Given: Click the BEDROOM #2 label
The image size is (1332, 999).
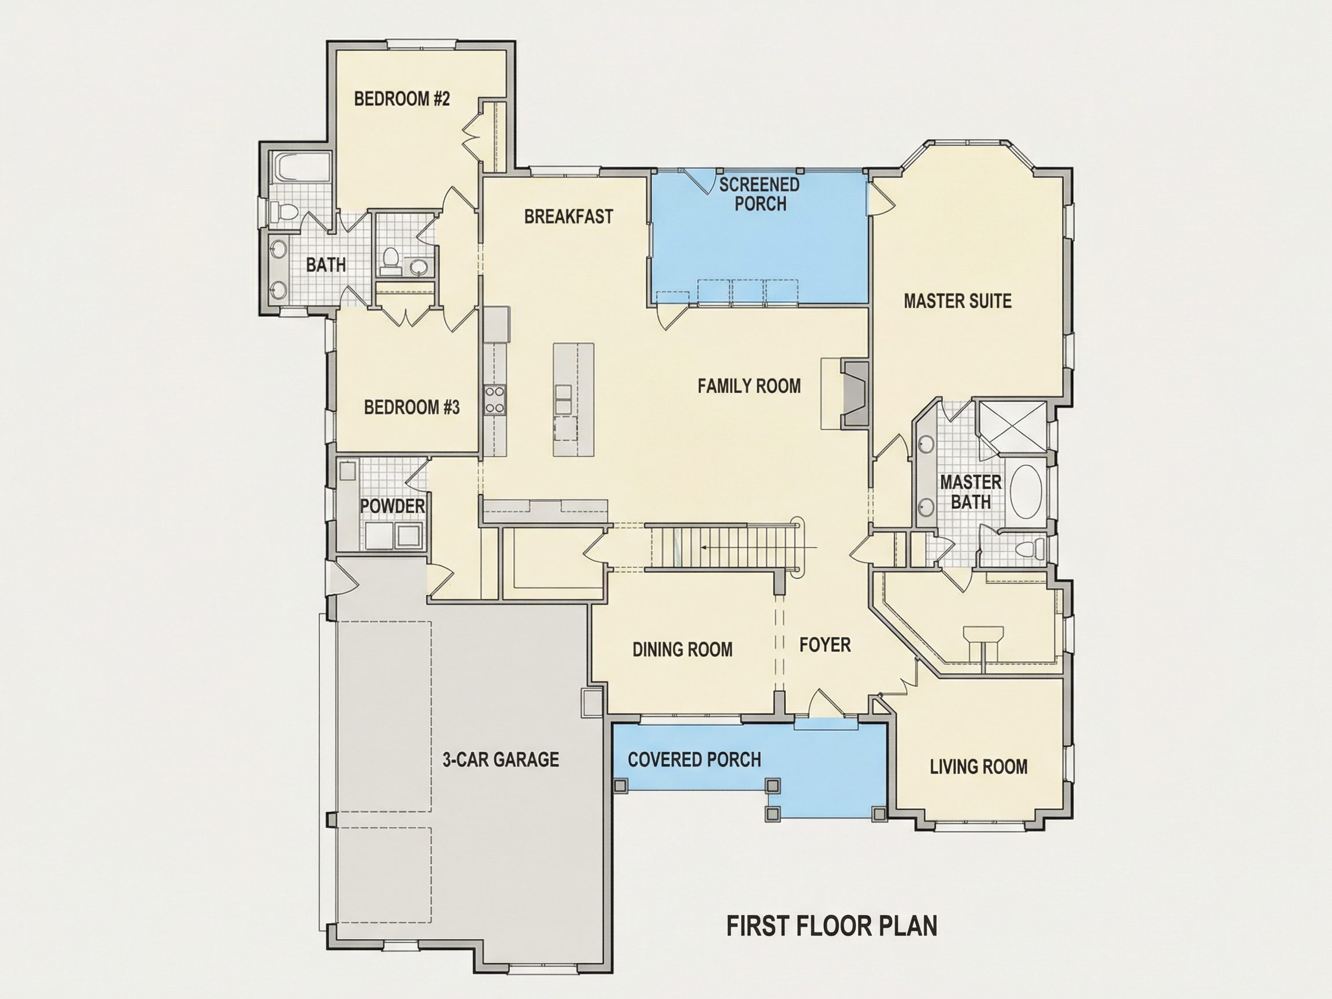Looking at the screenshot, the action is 402,99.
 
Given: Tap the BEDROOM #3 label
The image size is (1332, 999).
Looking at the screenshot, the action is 412,408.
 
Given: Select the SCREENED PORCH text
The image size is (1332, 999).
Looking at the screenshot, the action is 759,194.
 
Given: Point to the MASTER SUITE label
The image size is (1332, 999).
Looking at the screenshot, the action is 957,301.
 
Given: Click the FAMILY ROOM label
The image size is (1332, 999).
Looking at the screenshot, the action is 749,386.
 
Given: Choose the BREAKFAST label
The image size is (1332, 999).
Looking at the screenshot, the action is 568,217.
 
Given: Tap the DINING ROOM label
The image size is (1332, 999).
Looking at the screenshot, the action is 682,650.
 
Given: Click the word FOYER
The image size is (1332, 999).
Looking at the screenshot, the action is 825,645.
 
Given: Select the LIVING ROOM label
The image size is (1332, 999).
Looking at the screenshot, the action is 979,767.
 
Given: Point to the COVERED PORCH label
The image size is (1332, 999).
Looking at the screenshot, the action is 694,760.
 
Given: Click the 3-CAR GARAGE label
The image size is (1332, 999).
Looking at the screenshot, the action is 501,760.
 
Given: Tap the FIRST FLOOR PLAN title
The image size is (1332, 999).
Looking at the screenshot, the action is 831,926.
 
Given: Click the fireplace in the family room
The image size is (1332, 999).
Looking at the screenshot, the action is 854,394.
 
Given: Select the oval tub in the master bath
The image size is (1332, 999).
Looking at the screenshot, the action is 1027,491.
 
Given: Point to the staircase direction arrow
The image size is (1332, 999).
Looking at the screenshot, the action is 758,547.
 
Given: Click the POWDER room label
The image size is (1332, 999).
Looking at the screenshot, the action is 392,506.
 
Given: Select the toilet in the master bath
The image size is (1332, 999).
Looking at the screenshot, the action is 1031,549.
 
